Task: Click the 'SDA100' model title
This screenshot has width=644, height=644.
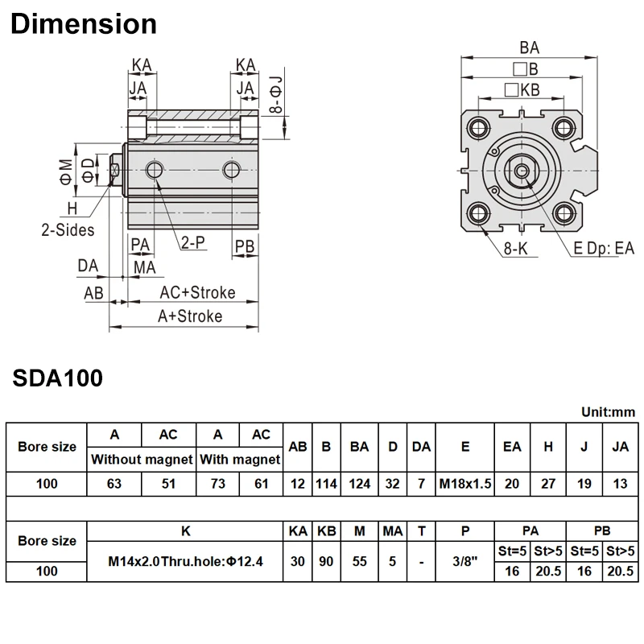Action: tap(57, 378)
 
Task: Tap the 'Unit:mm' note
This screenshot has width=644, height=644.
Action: tap(608, 411)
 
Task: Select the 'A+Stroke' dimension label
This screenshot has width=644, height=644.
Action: tap(189, 316)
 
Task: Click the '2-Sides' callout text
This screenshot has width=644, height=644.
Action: tap(68, 229)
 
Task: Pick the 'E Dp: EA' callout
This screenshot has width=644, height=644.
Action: tap(604, 249)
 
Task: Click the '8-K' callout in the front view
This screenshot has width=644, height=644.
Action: tap(515, 249)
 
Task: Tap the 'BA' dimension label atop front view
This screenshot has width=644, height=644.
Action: tap(530, 47)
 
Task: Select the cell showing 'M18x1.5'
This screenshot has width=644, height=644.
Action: tap(465, 484)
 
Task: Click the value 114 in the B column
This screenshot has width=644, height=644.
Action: tap(326, 484)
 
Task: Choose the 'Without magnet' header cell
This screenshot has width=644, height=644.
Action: tap(142, 460)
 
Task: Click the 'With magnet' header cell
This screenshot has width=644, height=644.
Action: tap(239, 460)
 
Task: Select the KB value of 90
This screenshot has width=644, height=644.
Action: tap(326, 560)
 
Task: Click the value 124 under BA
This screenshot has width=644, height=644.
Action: tap(359, 484)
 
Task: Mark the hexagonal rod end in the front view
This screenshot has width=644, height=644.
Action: tap(523, 170)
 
